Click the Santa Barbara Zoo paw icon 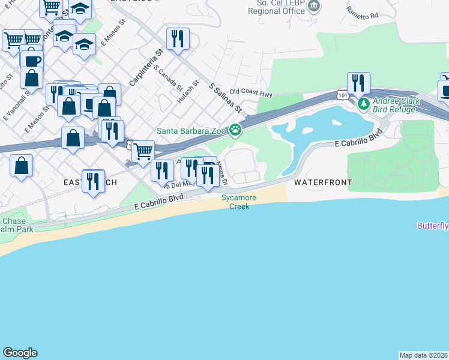(237, 130)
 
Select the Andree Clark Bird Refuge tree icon (363, 104)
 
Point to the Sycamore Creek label (235, 202)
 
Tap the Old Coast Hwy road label (251, 93)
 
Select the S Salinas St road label (225, 98)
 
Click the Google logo (20, 353)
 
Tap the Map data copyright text (424, 355)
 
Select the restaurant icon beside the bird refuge (358, 83)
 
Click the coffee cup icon (31, 61)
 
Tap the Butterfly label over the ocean (433, 226)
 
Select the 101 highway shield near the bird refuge (342, 95)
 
